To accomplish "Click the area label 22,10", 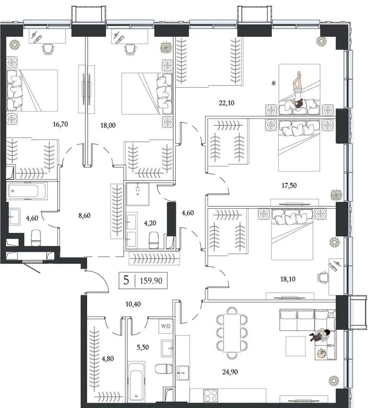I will coord(227,103).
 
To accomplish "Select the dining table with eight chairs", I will coord(232,333).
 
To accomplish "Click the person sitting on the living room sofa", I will coord(320,334).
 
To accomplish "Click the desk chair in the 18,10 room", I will coord(322,276).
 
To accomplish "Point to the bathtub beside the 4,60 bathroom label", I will coord(27,191).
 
